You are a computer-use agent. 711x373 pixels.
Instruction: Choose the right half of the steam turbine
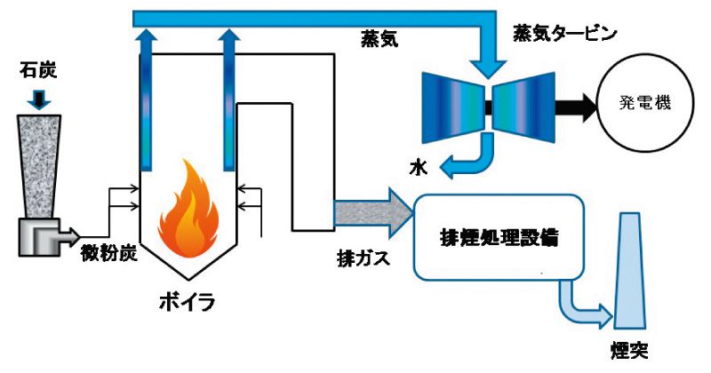pyautogui.click(x=524, y=104)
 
